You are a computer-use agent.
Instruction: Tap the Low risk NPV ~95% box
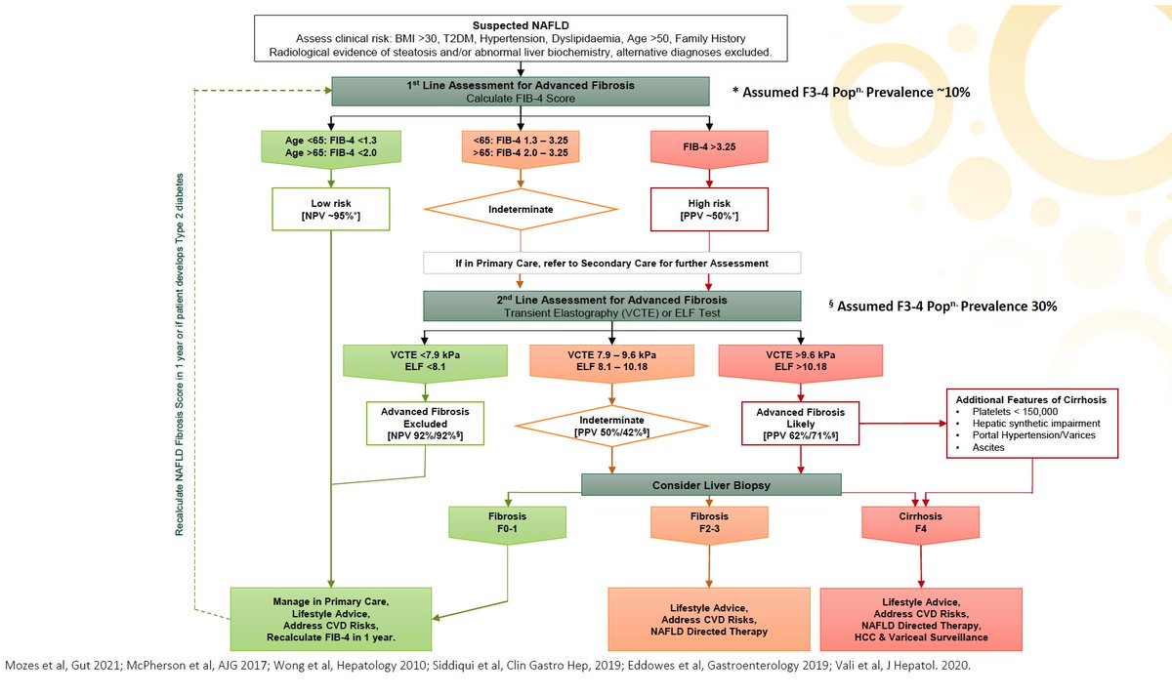pos(331,208)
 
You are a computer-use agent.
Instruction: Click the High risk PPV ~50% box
pos(710,208)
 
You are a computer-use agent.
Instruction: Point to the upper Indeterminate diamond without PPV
pos(521,209)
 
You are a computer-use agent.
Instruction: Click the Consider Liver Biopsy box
pos(710,485)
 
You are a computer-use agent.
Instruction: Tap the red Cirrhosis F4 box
pos(920,521)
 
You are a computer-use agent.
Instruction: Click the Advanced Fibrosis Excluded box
pos(425,423)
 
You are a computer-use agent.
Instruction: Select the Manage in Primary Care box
pos(331,616)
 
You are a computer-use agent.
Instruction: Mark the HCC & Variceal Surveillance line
pos(921,636)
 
